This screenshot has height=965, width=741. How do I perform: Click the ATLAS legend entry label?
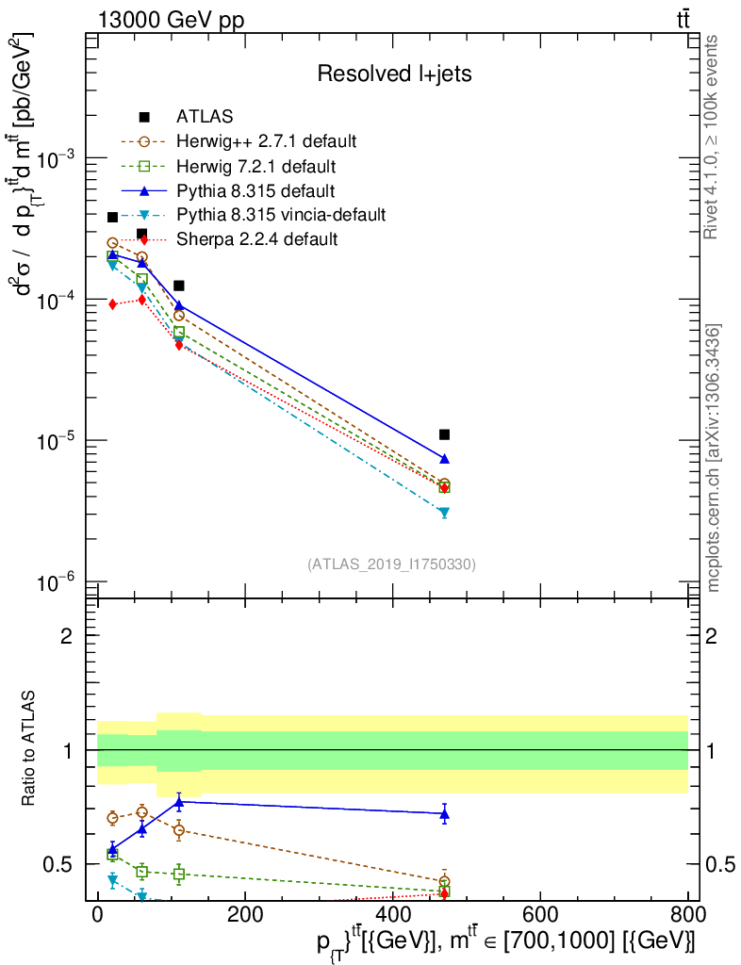[204, 117]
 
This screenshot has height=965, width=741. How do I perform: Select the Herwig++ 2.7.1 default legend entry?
[266, 142]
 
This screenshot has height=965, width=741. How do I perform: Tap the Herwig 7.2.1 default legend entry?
[255, 167]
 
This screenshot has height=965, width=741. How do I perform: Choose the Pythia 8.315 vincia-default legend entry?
[280, 215]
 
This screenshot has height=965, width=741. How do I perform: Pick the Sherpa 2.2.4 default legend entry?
[256, 239]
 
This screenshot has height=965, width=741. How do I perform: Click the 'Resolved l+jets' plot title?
[394, 74]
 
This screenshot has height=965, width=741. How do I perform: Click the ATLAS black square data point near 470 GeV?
[444, 434]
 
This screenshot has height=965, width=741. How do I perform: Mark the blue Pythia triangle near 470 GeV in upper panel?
[444, 459]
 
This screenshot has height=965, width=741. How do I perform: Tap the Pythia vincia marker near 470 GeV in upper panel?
[444, 513]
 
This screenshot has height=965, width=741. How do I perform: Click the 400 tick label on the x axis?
[391, 913]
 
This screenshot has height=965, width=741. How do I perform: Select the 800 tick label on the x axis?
[686, 913]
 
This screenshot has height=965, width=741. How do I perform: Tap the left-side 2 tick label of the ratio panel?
[66, 636]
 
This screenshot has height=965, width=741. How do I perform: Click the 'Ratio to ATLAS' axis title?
[32, 750]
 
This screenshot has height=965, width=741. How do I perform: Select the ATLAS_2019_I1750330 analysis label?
[391, 564]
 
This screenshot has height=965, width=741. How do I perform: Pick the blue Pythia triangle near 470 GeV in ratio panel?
[444, 813]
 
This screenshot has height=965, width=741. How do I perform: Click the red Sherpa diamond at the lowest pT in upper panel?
[112, 303]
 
